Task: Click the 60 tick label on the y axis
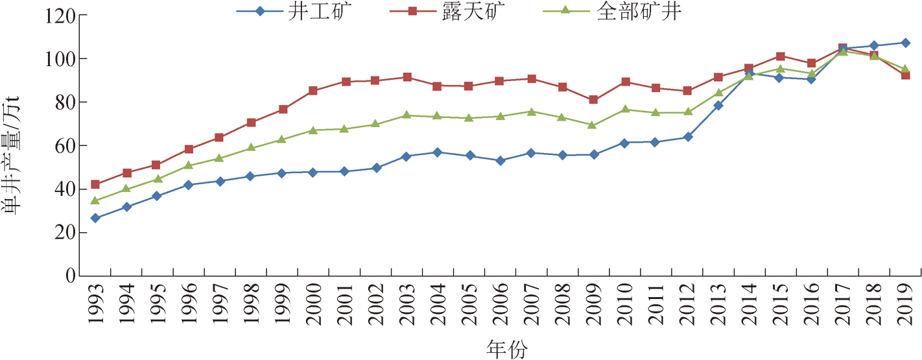click(59, 146)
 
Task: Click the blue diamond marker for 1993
click(95, 218)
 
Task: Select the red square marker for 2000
click(313, 91)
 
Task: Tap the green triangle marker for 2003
click(407, 115)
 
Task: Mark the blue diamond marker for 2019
click(905, 43)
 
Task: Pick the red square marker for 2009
click(593, 100)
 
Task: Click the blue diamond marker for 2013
click(718, 105)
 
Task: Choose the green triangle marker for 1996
click(189, 165)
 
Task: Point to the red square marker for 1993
click(95, 185)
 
